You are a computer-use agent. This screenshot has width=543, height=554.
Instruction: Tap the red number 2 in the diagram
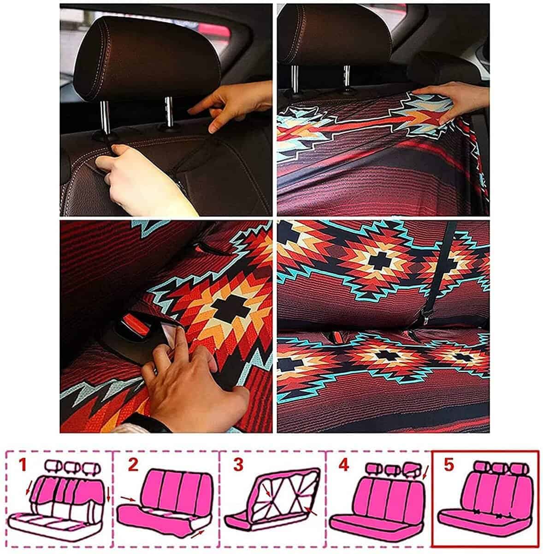[x=133, y=465]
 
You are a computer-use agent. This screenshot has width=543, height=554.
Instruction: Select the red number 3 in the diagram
[x=238, y=465]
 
